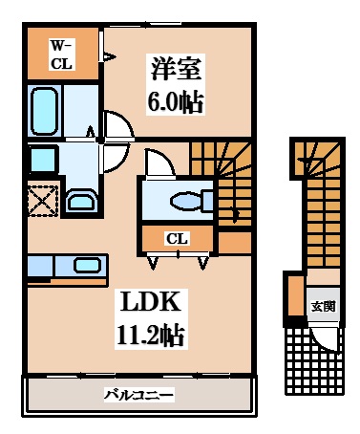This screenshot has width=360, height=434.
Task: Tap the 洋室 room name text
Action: click(x=175, y=70)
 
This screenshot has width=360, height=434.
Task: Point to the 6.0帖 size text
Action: click(x=175, y=101)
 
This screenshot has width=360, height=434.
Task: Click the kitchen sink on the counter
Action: click(x=87, y=266)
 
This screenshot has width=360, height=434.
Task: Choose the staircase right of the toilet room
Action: click(x=225, y=182)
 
